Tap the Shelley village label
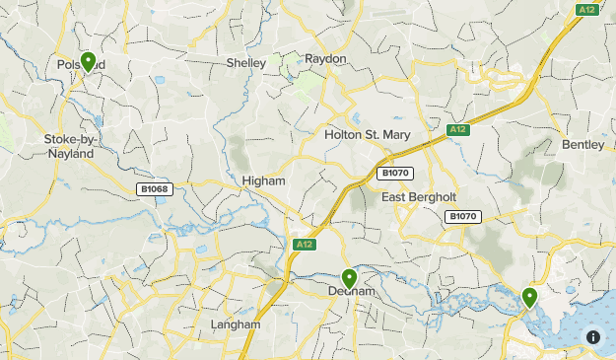click(x=246, y=62)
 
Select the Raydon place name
click(x=325, y=59)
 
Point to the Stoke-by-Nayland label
click(x=70, y=146)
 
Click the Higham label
click(x=263, y=181)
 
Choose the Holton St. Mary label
click(x=367, y=134)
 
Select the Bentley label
click(x=582, y=145)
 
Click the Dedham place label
click(x=348, y=291)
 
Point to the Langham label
click(x=236, y=324)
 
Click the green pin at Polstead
click(x=88, y=61)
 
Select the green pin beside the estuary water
click(x=530, y=296)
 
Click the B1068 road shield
click(x=154, y=188)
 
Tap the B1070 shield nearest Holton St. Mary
click(x=395, y=173)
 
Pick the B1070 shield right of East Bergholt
click(x=462, y=216)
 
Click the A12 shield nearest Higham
click(x=303, y=244)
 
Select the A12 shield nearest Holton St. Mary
click(x=456, y=129)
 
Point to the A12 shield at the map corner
click(x=587, y=9)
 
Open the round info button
click(x=593, y=336)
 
